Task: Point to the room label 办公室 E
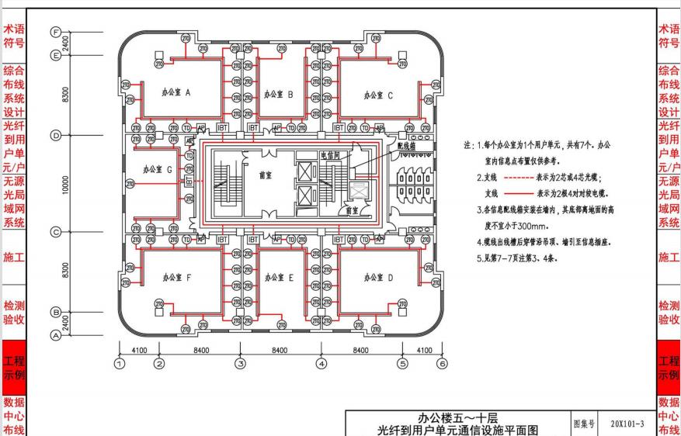click(x=279, y=276)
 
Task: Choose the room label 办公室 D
click(x=379, y=276)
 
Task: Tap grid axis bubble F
click(x=55, y=31)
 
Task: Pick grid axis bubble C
click(x=55, y=232)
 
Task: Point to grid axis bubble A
click(x=55, y=336)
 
